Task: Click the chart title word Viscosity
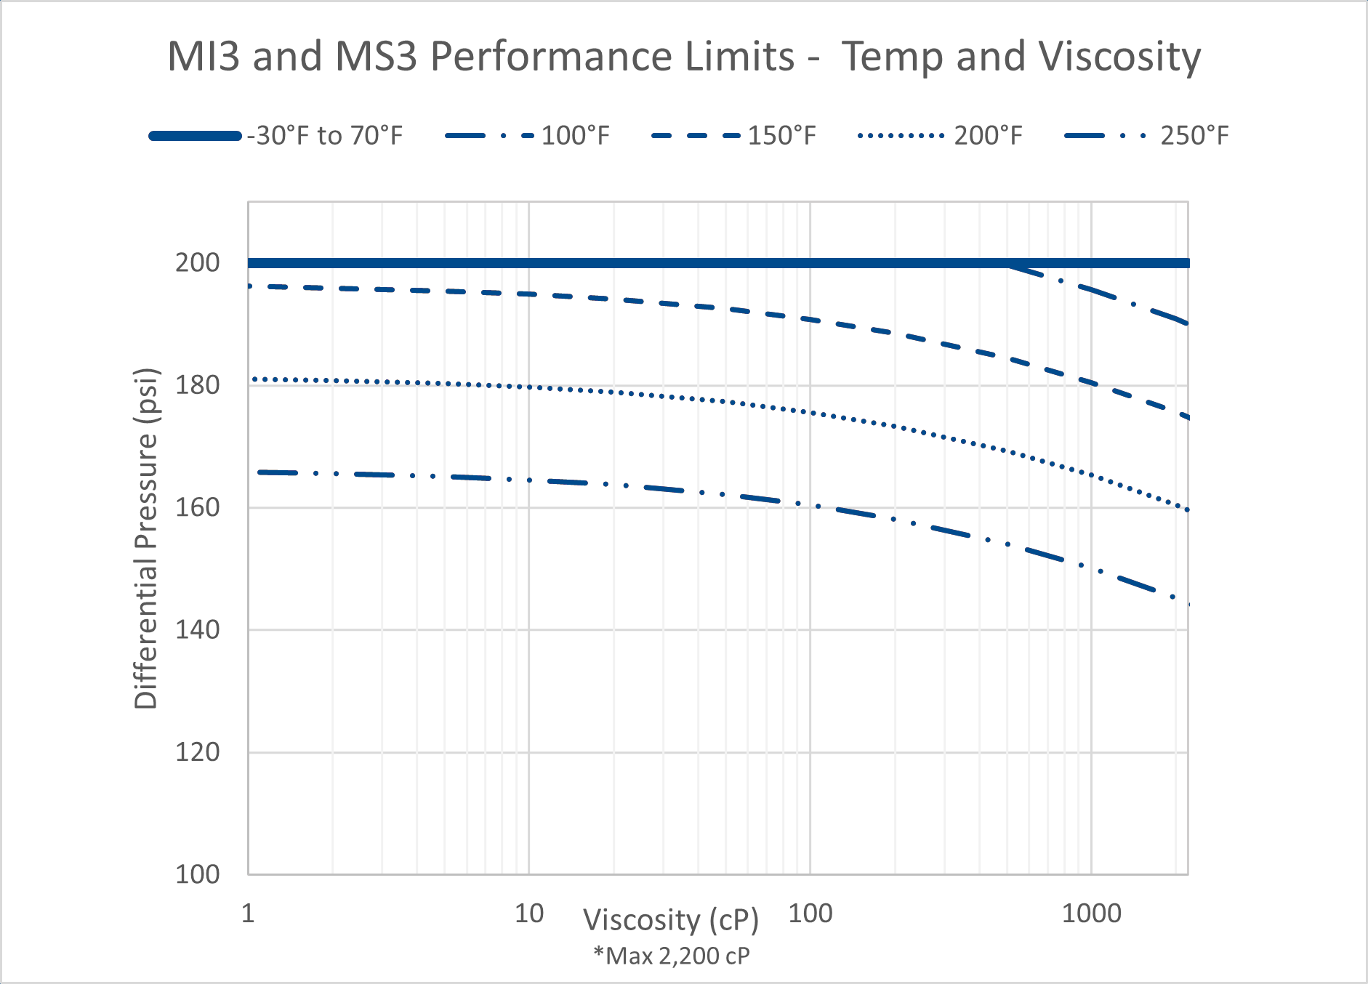click(1119, 57)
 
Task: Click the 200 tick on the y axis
click(197, 262)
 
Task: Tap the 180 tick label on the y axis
click(197, 385)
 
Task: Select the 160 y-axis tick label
click(197, 507)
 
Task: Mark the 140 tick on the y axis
click(197, 629)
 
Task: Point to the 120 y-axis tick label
click(197, 752)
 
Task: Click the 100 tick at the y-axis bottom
click(197, 874)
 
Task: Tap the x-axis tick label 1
click(248, 913)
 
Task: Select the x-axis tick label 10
click(528, 913)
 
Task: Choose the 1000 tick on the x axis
click(1091, 913)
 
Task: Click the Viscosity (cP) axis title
click(671, 920)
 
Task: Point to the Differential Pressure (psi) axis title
click(146, 538)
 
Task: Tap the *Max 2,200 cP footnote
click(671, 956)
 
